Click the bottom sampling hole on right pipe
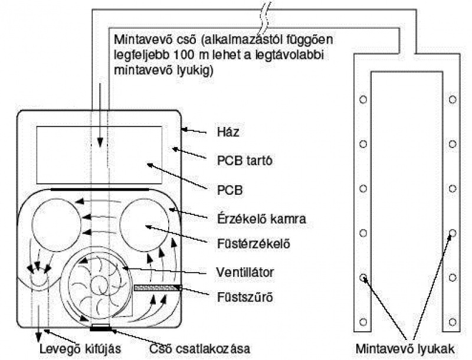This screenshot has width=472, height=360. coord(453,322)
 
